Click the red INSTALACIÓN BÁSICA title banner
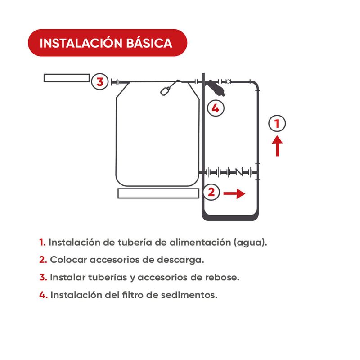[108, 43]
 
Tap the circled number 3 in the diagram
[99, 81]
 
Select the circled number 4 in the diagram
[216, 108]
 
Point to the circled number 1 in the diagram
[277, 123]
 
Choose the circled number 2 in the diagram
[211, 192]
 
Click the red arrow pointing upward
[277, 146]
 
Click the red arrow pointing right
[234, 193]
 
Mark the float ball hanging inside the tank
[164, 92]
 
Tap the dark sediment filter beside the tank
[216, 88]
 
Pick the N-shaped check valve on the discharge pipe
[239, 172]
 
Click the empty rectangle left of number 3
[67, 78]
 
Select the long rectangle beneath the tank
[158, 193]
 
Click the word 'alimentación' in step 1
[200, 243]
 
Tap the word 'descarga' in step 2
[180, 260]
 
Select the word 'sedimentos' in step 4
[189, 295]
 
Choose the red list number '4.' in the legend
[43, 295]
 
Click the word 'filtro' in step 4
[132, 295]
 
